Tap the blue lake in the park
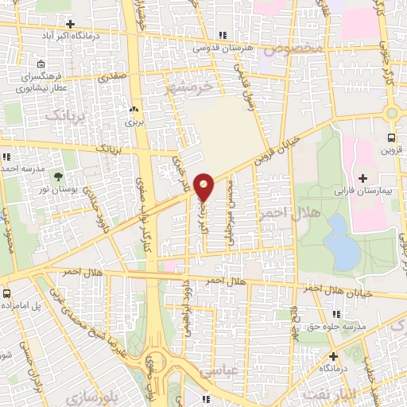(x=343, y=243)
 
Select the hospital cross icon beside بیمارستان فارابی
(x=363, y=177)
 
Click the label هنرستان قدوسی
(x=225, y=48)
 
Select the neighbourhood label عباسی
(x=215, y=370)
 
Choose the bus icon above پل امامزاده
(x=6, y=293)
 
